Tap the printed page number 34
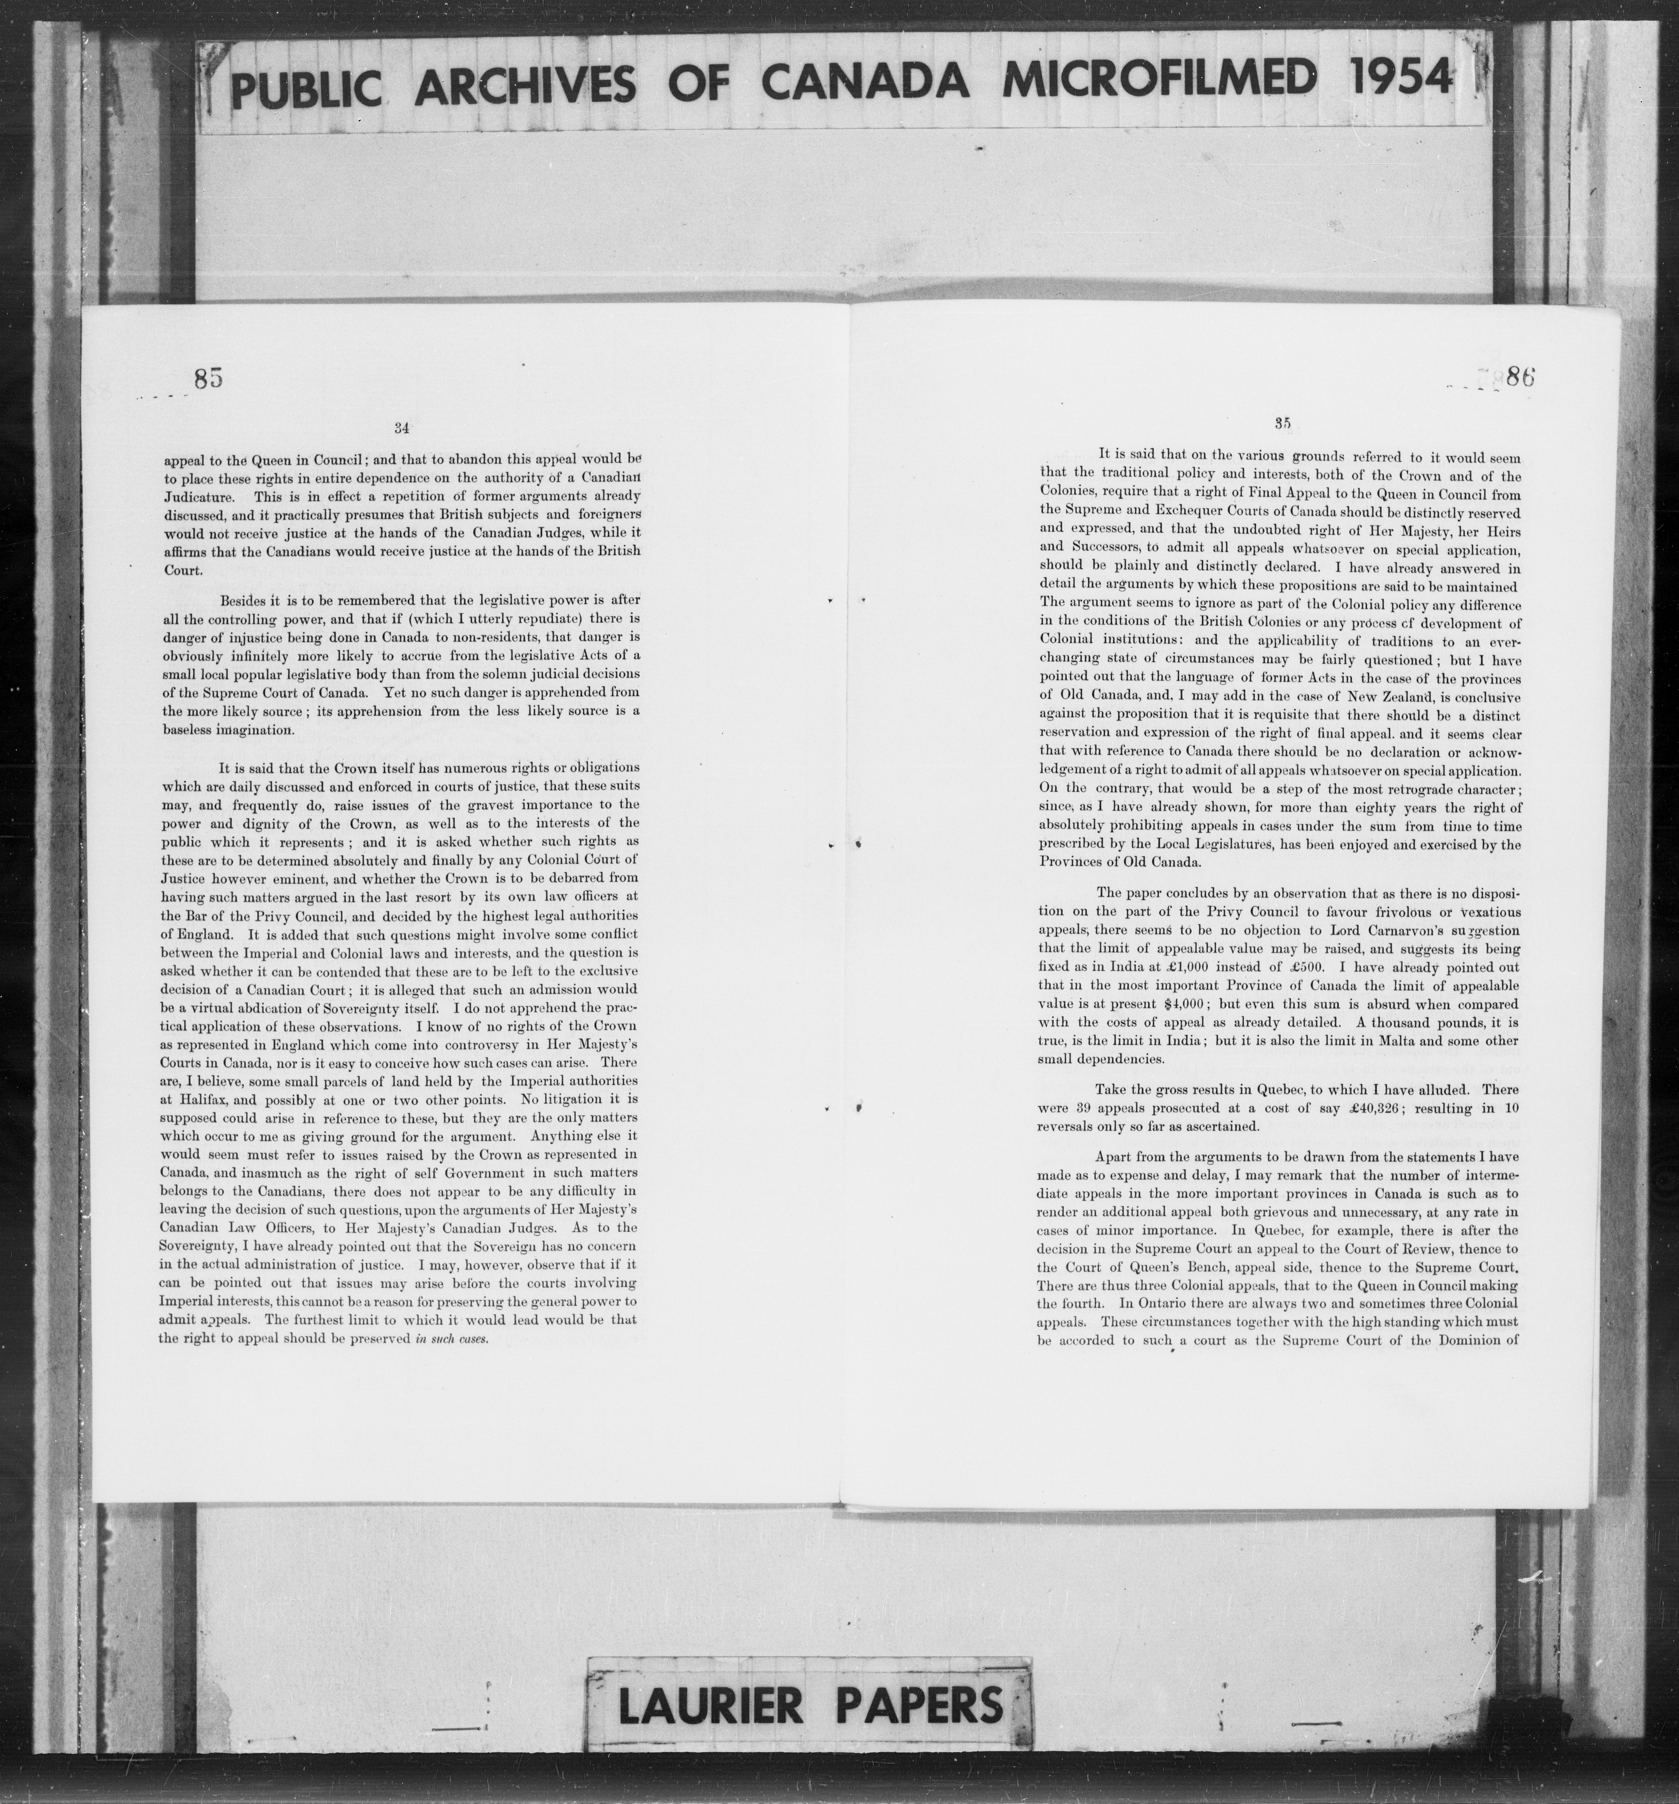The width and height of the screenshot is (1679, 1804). (x=402, y=427)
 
